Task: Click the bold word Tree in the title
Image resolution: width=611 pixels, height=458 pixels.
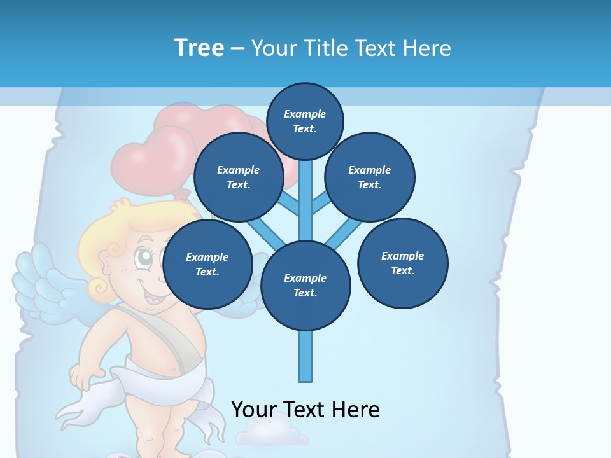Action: (x=199, y=48)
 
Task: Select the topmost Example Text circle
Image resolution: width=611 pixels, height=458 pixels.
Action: (x=305, y=121)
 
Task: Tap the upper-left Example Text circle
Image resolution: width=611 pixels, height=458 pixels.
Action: (x=239, y=177)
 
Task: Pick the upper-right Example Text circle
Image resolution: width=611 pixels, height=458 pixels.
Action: (x=370, y=177)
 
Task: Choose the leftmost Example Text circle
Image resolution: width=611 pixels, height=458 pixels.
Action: (x=207, y=265)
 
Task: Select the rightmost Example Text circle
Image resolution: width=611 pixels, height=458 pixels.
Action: (x=403, y=263)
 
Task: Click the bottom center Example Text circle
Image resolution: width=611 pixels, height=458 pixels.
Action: (x=305, y=285)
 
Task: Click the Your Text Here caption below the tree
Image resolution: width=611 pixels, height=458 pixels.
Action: (x=305, y=409)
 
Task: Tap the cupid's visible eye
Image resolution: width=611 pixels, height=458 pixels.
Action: (x=144, y=258)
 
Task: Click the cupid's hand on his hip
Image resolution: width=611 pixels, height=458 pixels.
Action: (x=83, y=377)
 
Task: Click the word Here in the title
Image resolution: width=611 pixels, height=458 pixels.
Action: (x=426, y=48)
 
